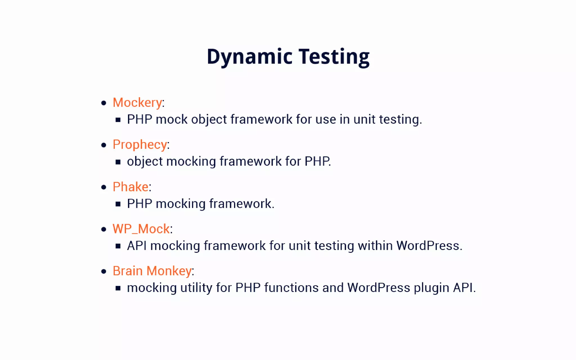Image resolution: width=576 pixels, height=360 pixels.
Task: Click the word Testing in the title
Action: pos(334,57)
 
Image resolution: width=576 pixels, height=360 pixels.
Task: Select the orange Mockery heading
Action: pos(137,102)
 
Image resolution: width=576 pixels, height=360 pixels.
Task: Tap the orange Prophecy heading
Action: pos(140,145)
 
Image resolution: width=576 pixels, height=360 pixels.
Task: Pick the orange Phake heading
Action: pos(130,187)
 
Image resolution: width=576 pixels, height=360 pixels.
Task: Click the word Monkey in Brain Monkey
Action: pos(169,271)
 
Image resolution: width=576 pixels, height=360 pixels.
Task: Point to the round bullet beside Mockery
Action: pos(104,103)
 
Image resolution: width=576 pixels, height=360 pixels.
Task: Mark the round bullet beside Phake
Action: pos(104,187)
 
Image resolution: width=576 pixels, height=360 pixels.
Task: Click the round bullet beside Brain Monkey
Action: pos(104,271)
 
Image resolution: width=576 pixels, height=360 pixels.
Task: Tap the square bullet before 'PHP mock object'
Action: pos(118,120)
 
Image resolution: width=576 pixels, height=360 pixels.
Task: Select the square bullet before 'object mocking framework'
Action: pos(118,162)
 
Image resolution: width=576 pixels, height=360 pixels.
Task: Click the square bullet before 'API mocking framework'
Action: pos(118,246)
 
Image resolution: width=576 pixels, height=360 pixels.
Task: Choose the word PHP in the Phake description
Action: pos(139,204)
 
